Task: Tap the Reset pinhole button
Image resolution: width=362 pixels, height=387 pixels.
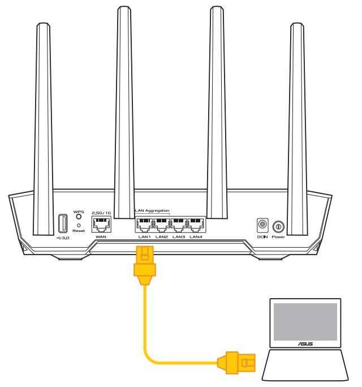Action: click(79, 225)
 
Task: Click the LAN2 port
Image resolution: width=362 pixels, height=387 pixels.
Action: click(162, 225)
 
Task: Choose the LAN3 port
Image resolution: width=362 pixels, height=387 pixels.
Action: click(179, 225)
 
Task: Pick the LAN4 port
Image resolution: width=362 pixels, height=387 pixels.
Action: click(196, 225)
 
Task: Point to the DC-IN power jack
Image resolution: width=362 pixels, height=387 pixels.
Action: click(262, 226)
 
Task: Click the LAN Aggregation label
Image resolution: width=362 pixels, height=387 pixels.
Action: click(152, 210)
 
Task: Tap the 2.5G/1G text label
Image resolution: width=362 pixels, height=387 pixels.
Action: click(101, 213)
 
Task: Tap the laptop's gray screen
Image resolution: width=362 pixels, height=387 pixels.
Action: click(305, 321)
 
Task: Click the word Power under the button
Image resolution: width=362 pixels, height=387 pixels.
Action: click(278, 236)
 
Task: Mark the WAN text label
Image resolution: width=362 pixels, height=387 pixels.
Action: click(101, 236)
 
